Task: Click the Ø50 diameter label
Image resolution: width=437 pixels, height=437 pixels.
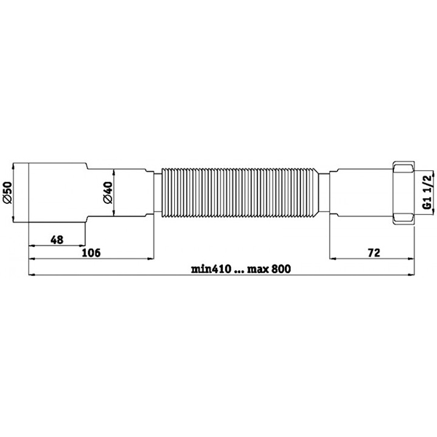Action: click(x=7, y=192)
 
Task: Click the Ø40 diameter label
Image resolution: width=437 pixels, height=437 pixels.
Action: click(x=108, y=192)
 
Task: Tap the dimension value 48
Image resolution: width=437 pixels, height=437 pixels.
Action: click(x=57, y=240)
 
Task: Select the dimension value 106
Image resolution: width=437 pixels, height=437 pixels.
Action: click(x=91, y=253)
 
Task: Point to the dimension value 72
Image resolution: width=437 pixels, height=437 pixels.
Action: click(x=374, y=253)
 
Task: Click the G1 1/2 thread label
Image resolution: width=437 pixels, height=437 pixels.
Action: click(x=427, y=191)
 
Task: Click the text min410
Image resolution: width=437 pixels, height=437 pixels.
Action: click(x=211, y=269)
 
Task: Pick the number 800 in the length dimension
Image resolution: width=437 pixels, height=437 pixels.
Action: click(x=281, y=269)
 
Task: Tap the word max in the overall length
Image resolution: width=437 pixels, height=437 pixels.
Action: click(x=258, y=269)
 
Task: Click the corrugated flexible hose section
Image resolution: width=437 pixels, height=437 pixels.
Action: click(x=239, y=192)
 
